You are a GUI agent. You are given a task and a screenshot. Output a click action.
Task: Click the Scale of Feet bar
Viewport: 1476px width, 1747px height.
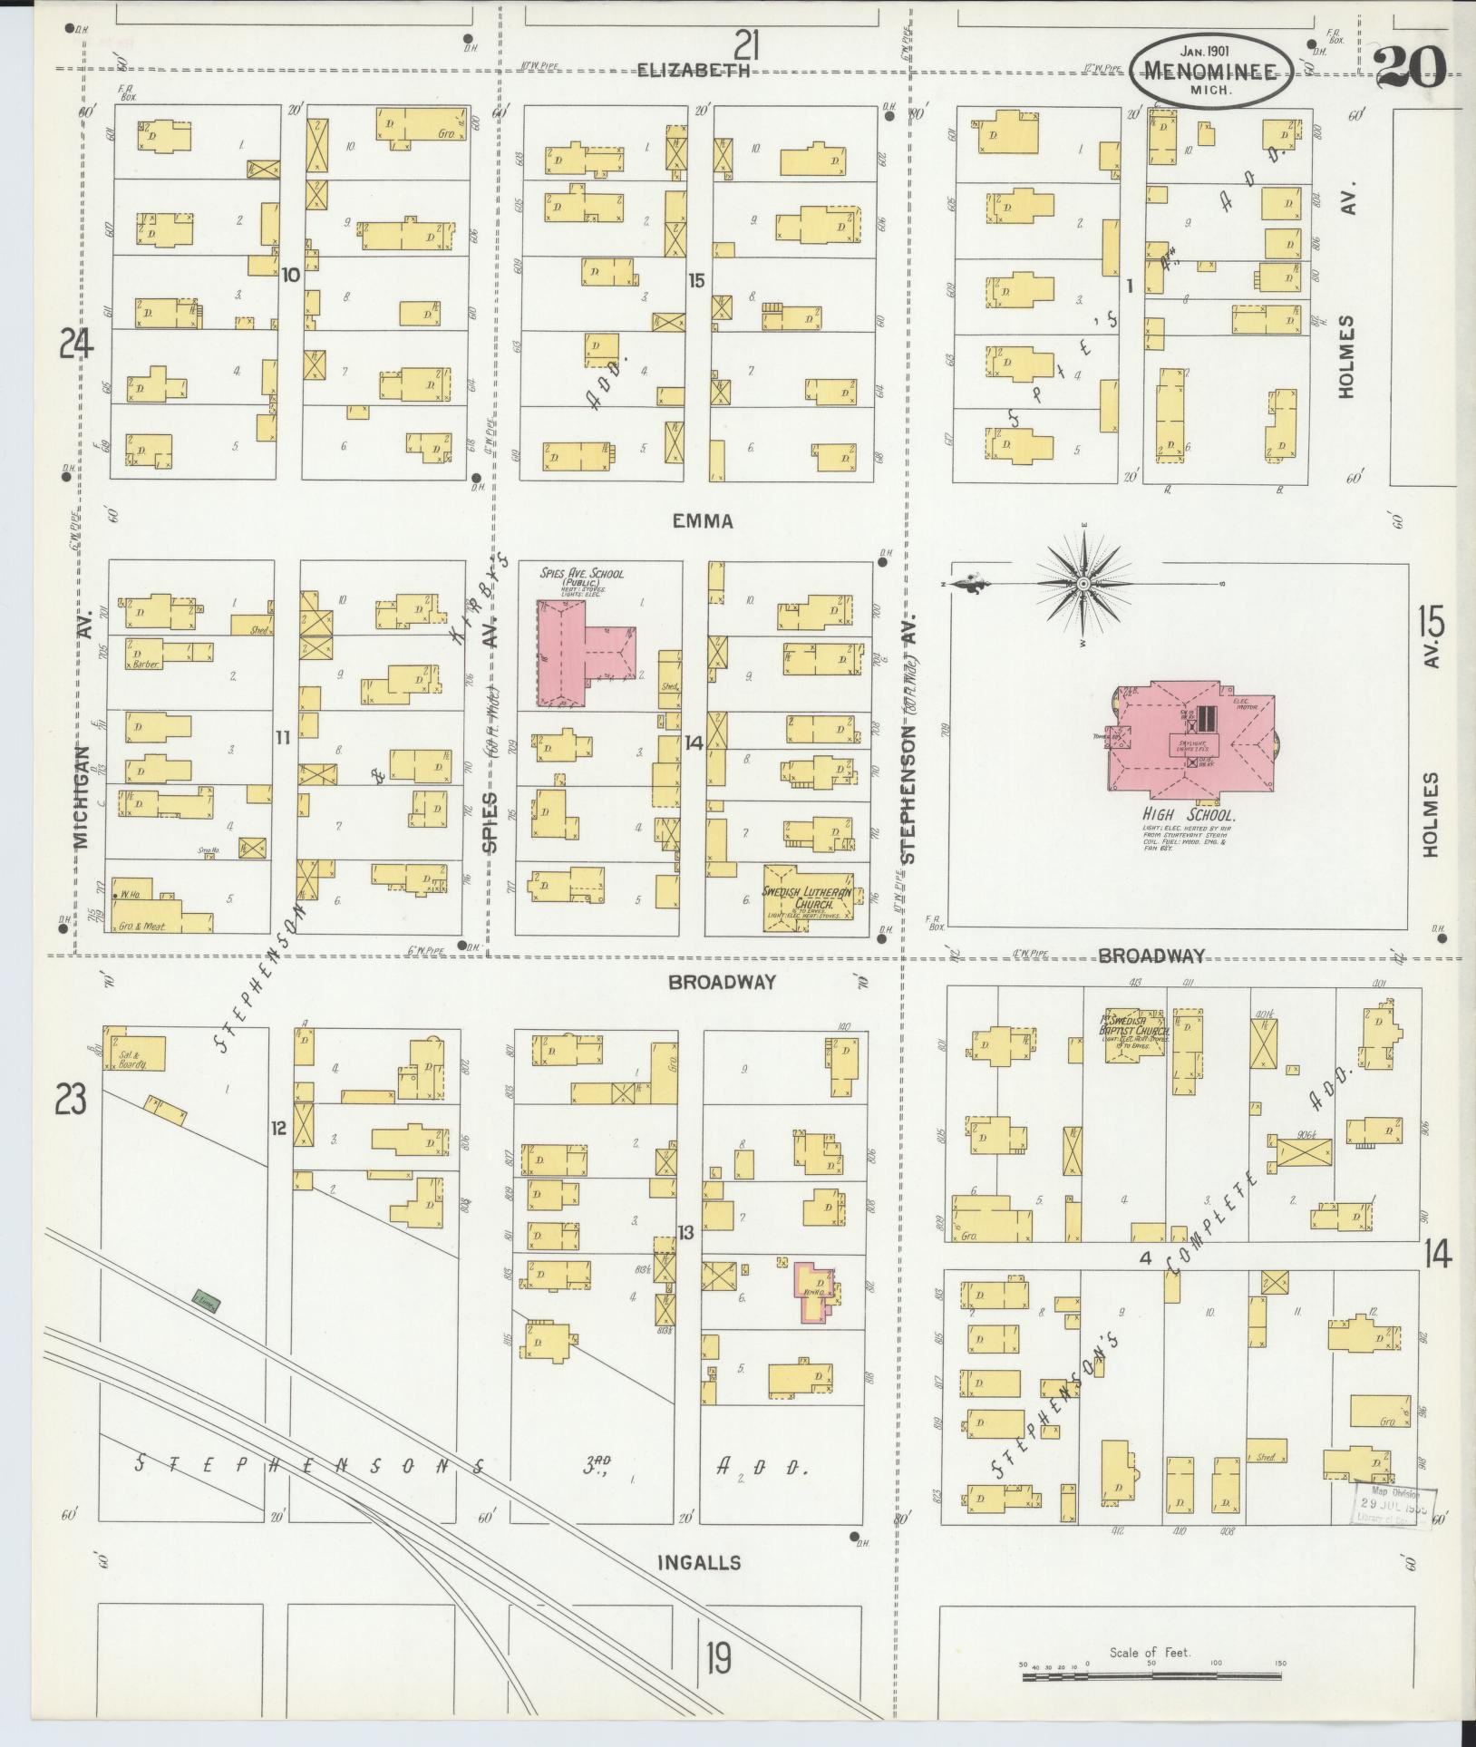(1151, 1676)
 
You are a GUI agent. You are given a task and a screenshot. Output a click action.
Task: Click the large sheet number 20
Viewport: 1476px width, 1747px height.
(1410, 68)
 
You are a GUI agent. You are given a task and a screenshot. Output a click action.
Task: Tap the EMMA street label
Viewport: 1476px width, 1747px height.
(703, 521)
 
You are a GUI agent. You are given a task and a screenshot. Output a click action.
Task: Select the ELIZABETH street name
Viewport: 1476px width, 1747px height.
(694, 71)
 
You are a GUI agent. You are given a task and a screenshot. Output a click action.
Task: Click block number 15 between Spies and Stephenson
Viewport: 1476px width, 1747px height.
(695, 281)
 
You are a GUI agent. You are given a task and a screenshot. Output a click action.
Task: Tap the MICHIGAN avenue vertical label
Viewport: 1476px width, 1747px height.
(82, 798)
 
